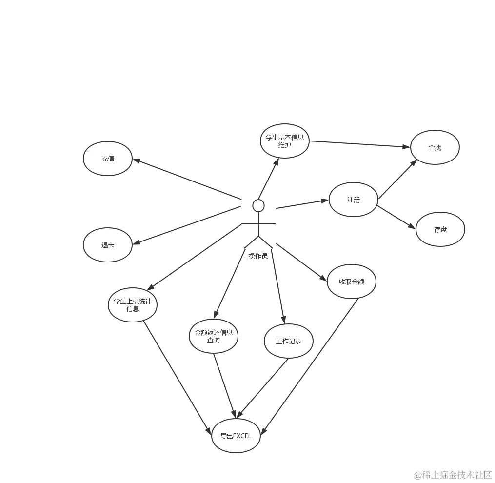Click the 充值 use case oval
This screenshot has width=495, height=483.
pyautogui.click(x=108, y=159)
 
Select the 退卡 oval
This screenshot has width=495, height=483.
pyautogui.click(x=108, y=245)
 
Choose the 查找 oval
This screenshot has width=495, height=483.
pyautogui.click(x=435, y=147)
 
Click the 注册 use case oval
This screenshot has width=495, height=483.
pyautogui.click(x=354, y=200)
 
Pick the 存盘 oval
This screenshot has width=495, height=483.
pyautogui.click(x=440, y=229)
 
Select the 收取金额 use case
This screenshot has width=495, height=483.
pyautogui.click(x=352, y=282)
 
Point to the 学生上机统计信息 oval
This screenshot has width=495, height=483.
pyautogui.click(x=133, y=304)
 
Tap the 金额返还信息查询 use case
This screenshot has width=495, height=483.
pyautogui.click(x=213, y=336)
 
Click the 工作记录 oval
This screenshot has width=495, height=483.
pyautogui.click(x=289, y=341)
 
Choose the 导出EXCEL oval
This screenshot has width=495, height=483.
pyautogui.click(x=236, y=436)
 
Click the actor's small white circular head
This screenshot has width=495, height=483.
pyautogui.click(x=258, y=205)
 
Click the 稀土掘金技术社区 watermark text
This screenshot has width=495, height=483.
pyautogui.click(x=453, y=474)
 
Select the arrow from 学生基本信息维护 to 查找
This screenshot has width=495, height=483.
pyautogui.click(x=361, y=144)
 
